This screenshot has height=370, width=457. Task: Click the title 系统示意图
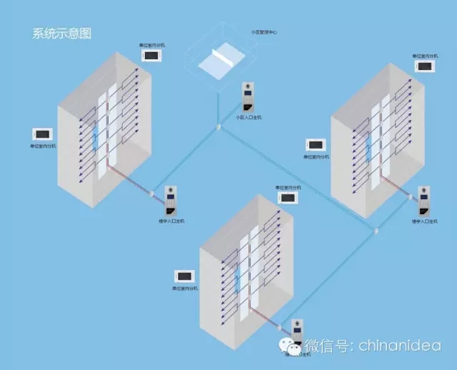(61, 33)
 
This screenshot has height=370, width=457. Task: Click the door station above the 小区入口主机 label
(248, 99)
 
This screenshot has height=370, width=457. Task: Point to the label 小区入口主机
(248, 116)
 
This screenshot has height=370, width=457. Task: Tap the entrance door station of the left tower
(171, 201)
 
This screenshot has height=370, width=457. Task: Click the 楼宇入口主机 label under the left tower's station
(171, 221)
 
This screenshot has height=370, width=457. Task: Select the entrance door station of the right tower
(424, 202)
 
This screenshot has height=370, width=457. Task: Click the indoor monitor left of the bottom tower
(184, 276)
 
